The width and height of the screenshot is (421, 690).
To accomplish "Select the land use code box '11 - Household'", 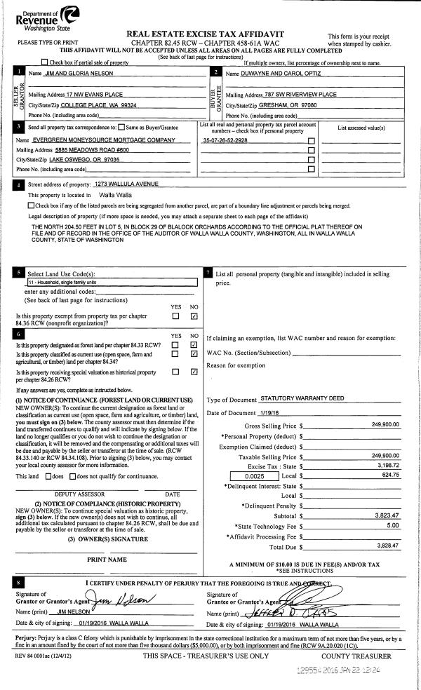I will pos(112,283).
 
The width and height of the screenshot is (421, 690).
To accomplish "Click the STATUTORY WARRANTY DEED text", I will pos(301,398).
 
